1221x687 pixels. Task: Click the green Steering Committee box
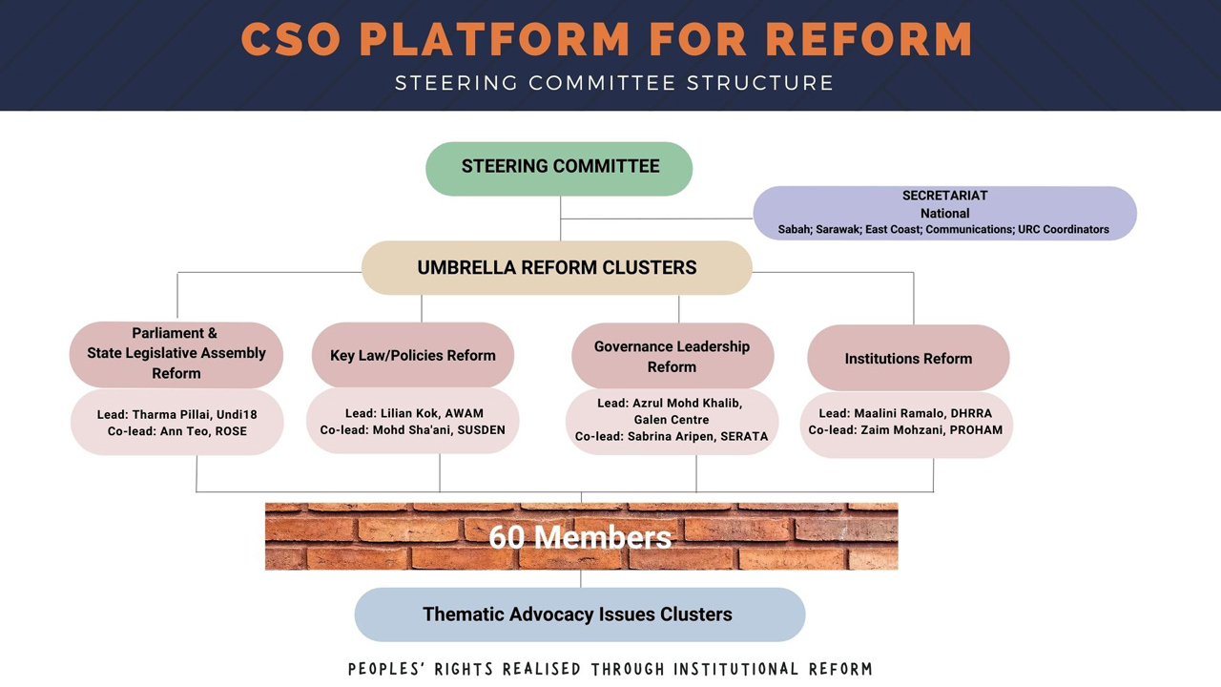559,168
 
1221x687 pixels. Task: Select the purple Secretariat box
944,212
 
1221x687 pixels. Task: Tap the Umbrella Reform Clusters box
557,268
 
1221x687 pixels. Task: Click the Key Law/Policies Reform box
413,355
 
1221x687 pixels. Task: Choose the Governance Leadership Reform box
672,356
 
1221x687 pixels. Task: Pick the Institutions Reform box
908,359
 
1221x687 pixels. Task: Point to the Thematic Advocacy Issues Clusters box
578,614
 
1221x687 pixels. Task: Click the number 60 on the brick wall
507,537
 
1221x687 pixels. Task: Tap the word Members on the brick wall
602,537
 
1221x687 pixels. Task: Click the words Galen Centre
672,419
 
